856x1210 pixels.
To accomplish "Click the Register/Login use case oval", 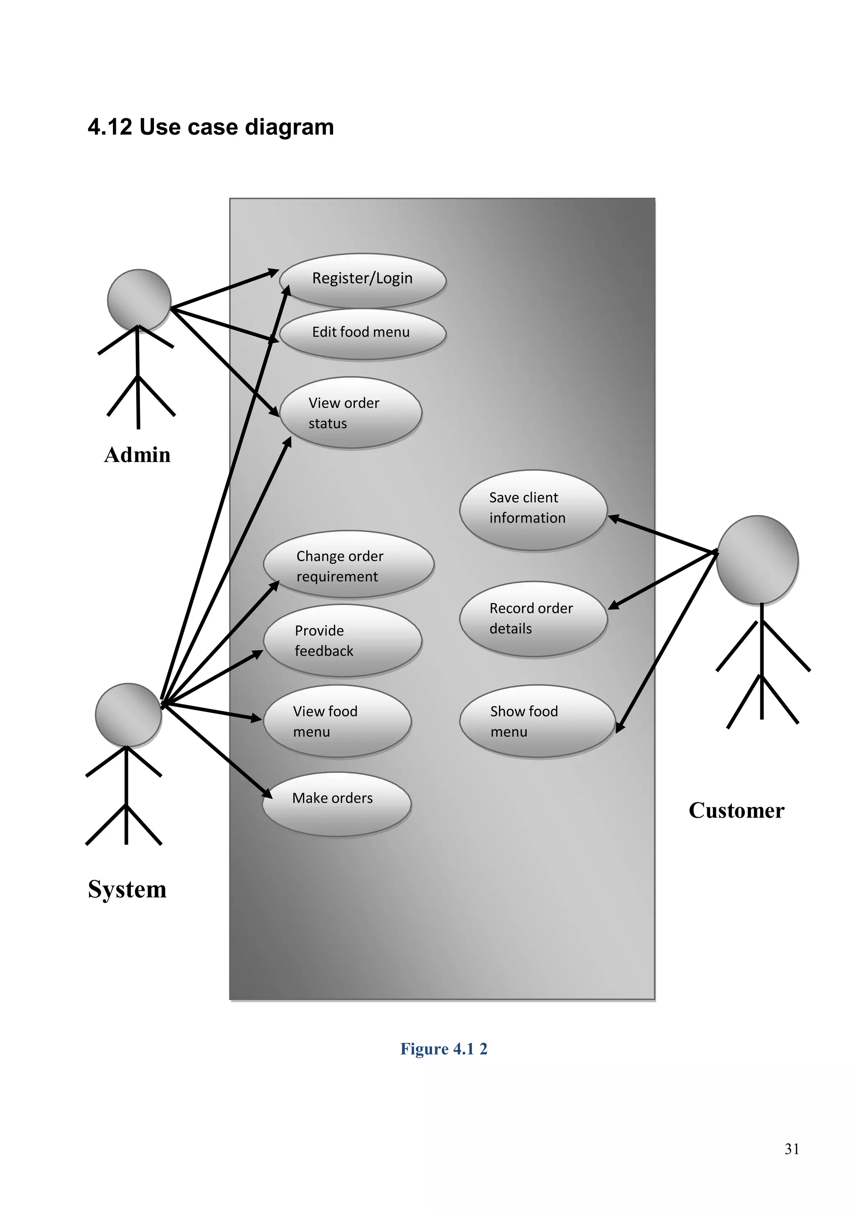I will coord(363,280).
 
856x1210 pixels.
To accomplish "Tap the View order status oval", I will coord(351,413).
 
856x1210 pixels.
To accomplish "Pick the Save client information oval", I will coord(533,510).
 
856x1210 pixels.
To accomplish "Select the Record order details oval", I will coord(533,619).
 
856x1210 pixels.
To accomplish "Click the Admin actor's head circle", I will coord(139,300).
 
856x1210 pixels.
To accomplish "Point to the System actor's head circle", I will coord(128,714).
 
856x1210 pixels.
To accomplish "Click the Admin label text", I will coord(138,455).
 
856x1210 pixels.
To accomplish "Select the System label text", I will coord(127,890).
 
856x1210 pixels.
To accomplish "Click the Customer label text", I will coord(736,811).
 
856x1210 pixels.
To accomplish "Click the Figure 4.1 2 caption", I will coord(444,1049).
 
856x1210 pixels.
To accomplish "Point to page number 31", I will coord(791,1149).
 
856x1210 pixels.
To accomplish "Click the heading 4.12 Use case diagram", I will coord(211,127).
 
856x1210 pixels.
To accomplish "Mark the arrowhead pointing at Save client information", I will coord(614,519).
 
